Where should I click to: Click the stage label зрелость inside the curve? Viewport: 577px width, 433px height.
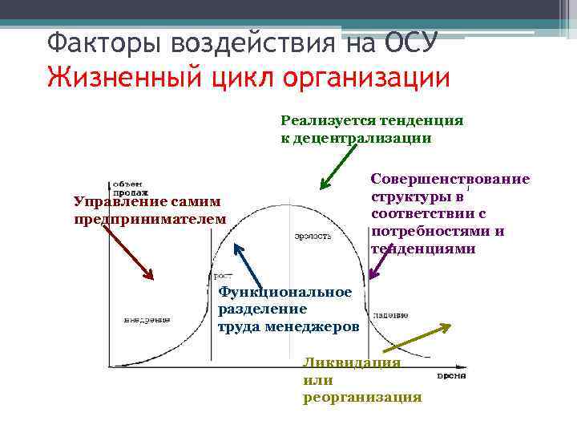pyautogui.click(x=313, y=236)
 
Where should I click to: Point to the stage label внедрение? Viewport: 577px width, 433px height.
pyautogui.click(x=147, y=318)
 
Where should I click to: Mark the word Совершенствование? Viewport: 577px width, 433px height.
pyautogui.click(x=450, y=179)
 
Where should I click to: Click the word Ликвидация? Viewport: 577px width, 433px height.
pyautogui.click(x=351, y=362)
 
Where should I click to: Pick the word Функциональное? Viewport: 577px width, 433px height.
pyautogui.click(x=284, y=292)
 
